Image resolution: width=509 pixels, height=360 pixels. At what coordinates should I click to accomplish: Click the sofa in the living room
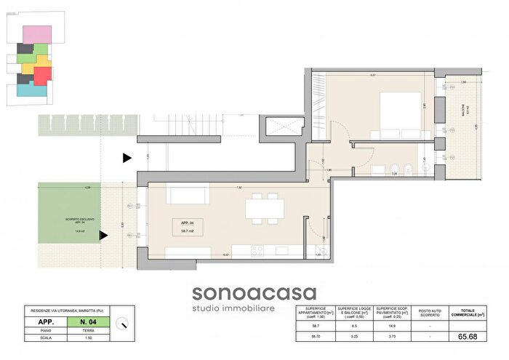(191, 195)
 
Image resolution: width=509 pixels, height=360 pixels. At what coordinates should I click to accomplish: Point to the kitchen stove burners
(258, 251)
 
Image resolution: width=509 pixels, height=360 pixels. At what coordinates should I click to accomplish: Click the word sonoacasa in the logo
(254, 293)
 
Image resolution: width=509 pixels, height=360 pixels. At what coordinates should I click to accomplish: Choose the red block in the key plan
(43, 73)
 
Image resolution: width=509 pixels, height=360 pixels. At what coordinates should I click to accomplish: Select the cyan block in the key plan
(31, 91)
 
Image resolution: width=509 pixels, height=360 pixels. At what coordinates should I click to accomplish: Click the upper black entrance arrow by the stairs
(127, 157)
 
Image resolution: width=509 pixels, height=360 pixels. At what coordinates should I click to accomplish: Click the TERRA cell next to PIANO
(87, 329)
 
